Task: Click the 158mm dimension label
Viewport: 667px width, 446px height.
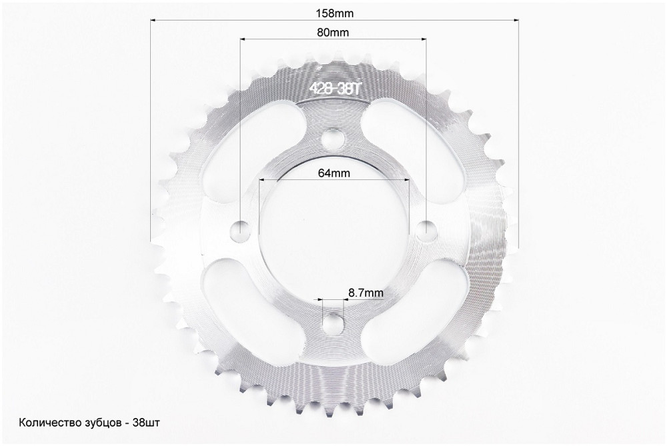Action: click(x=334, y=13)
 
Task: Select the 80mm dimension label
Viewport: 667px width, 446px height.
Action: click(x=333, y=32)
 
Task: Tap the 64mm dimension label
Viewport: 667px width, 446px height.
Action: click(x=334, y=173)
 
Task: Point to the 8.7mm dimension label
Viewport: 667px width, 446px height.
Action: click(x=366, y=293)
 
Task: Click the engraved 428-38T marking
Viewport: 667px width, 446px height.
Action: click(x=335, y=89)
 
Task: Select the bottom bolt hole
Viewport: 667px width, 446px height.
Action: click(x=333, y=325)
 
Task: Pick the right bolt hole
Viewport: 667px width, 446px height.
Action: click(x=427, y=231)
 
